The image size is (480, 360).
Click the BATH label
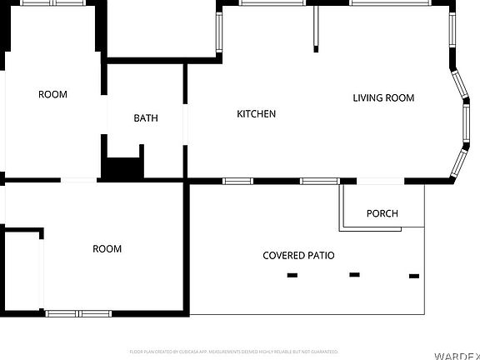146,118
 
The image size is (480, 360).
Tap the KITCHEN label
257,114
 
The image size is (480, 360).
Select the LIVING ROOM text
383,98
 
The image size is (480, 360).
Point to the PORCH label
382,213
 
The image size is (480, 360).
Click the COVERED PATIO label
298,255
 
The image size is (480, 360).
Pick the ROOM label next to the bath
52,94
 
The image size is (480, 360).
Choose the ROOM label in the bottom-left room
107,249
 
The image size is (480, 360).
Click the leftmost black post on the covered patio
292,275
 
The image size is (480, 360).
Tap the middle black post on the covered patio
354,274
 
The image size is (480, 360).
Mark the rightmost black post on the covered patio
414,275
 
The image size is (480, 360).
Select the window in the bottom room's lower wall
78,313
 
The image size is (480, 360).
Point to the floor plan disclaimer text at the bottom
233,352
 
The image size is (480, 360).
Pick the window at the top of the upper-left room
52,2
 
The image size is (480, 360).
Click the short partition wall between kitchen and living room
316,28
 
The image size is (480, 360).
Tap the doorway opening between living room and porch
381,181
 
